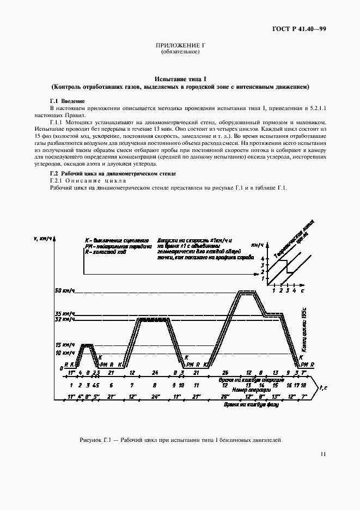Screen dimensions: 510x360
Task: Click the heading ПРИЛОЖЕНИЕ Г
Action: point(180,46)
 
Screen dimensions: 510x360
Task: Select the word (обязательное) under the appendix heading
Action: point(180,52)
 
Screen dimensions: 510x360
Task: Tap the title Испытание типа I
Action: point(180,80)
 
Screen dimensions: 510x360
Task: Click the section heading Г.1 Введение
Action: point(67,101)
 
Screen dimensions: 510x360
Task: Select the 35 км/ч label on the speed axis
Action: point(64,314)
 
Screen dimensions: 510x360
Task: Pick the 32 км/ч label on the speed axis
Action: point(64,320)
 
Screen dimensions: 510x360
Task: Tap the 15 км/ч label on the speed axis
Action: point(64,345)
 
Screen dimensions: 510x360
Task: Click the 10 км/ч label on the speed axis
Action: point(64,353)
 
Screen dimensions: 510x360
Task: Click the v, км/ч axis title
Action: point(42,239)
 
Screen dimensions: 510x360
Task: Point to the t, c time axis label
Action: point(322,387)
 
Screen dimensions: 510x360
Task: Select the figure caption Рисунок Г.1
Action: point(180,440)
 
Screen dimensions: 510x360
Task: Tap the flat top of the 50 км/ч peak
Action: point(248,292)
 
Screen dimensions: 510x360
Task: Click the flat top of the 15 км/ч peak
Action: point(86,345)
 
